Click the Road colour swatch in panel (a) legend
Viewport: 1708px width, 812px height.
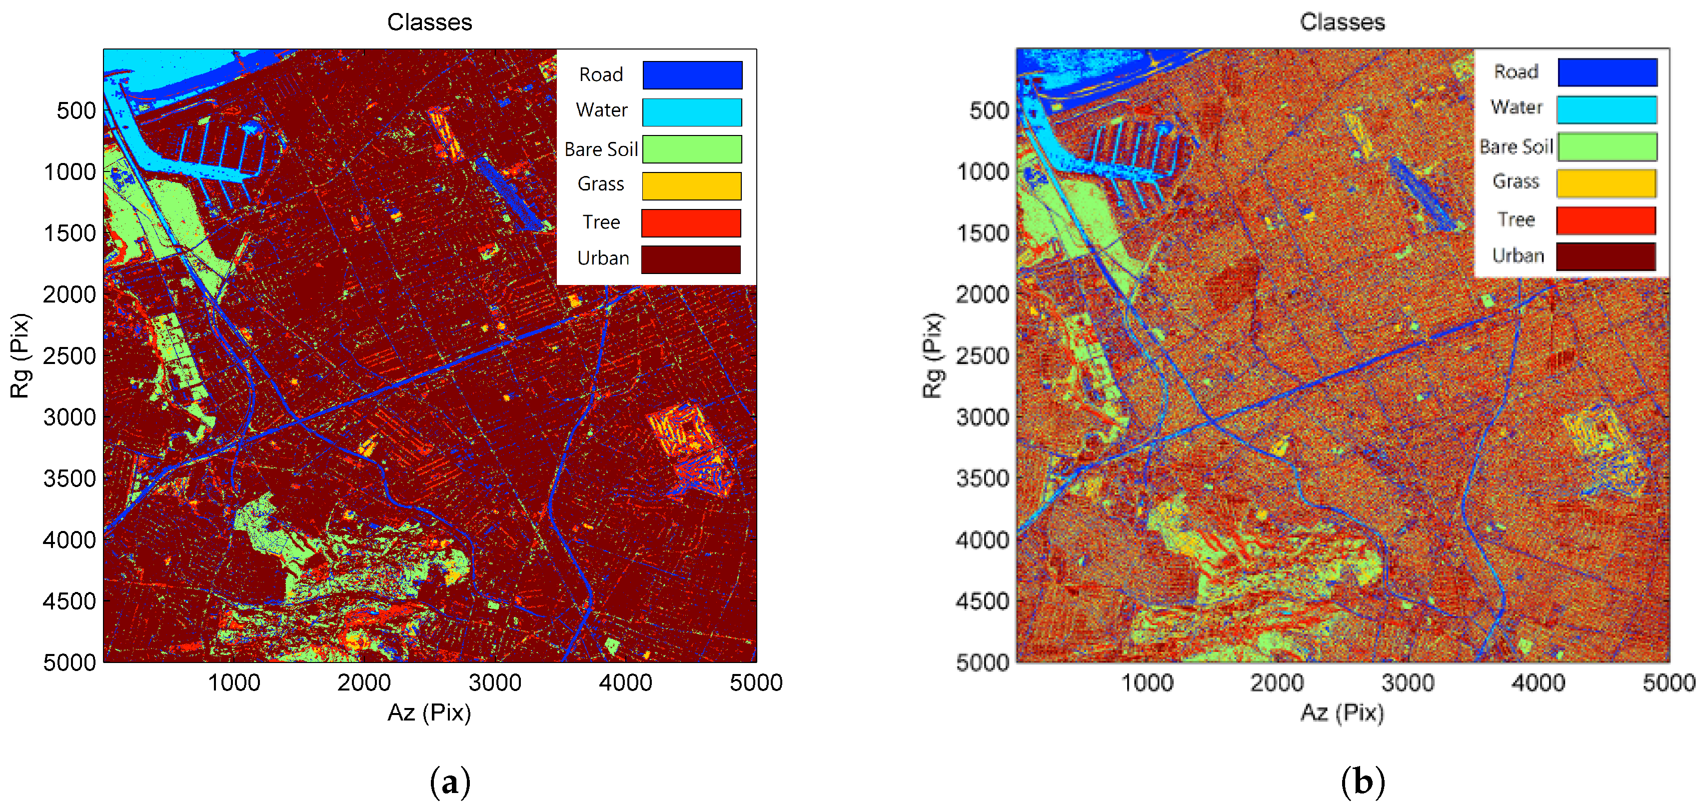tap(692, 75)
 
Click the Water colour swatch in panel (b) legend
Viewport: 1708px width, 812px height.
tap(1606, 110)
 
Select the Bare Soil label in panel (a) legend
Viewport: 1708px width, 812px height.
tap(601, 149)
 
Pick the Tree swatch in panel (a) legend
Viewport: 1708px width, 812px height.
tap(691, 223)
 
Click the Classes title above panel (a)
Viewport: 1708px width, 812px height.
tap(430, 22)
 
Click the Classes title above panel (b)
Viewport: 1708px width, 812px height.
tap(1342, 22)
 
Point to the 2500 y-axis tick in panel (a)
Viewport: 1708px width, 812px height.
tap(69, 356)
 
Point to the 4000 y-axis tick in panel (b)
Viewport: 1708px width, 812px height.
tap(982, 540)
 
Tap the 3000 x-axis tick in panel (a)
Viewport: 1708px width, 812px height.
tap(495, 682)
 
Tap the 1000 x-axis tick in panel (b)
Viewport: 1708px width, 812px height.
tap(1146, 682)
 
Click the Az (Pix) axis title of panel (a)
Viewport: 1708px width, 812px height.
tap(430, 712)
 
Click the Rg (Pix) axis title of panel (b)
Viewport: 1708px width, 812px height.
tap(932, 355)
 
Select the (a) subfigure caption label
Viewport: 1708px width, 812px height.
tap(450, 781)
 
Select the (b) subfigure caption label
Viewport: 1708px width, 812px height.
tap(1363, 781)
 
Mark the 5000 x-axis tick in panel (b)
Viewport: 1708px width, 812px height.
tap(1668, 682)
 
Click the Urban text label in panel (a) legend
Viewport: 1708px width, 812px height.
tap(603, 258)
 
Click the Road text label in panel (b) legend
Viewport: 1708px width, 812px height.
tap(1516, 71)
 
